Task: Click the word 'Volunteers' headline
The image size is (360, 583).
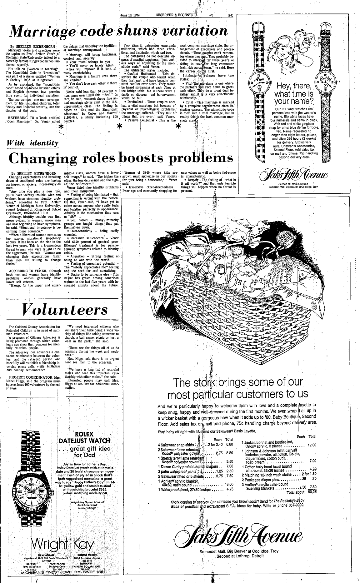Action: [65, 310]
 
